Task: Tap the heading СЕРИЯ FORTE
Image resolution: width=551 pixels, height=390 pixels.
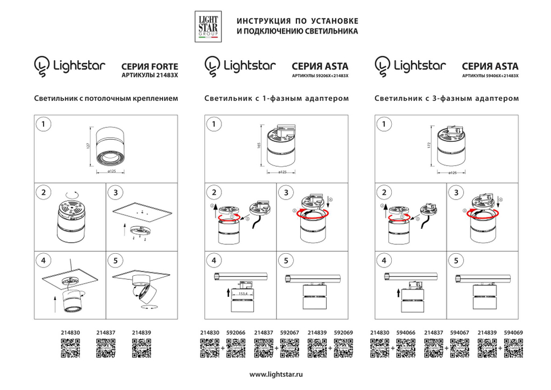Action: pyautogui.click(x=149, y=65)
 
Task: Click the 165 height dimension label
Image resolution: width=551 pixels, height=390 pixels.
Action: pyautogui.click(x=259, y=146)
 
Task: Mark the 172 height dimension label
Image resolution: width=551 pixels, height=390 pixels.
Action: pyautogui.click(x=430, y=146)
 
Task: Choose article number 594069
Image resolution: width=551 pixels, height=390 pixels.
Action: pyautogui.click(x=514, y=333)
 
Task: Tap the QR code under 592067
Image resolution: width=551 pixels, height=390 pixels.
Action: pyautogui.click(x=289, y=349)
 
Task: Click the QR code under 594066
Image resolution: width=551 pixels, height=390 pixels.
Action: pyautogui.click(x=406, y=349)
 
